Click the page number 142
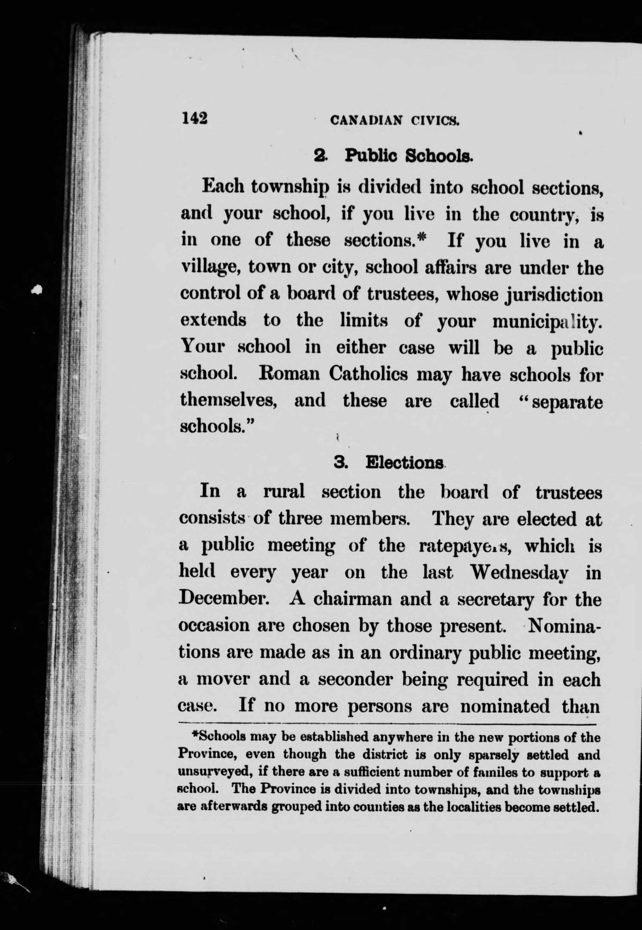pyautogui.click(x=195, y=118)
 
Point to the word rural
pyautogui.click(x=284, y=492)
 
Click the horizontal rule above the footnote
pyautogui.click(x=388, y=723)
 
